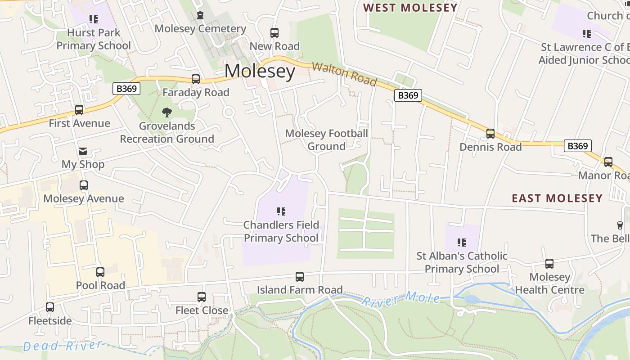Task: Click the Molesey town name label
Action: point(260,71)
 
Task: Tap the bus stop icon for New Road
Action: point(274,33)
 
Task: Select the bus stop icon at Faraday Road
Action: point(196,79)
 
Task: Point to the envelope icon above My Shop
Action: point(83,151)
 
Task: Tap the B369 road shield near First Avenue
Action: point(126,89)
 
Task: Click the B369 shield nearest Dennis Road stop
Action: point(577,146)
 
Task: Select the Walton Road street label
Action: point(344,74)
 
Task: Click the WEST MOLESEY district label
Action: point(410,8)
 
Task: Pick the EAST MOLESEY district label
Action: point(557,198)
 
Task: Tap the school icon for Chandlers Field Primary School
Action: point(281,211)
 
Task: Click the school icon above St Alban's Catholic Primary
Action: point(462,243)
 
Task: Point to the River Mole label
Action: point(400,298)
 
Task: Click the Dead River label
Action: point(63,346)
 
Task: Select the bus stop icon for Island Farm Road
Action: point(300,277)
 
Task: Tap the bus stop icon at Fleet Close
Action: point(202,297)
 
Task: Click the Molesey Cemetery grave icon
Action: point(200,16)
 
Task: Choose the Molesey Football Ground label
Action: point(326,140)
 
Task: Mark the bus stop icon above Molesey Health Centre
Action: point(549,264)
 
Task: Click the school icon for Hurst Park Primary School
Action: point(94,19)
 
